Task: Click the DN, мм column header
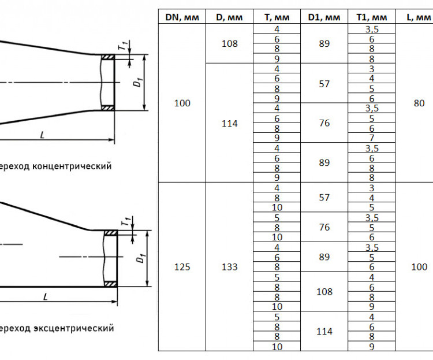pyautogui.click(x=182, y=17)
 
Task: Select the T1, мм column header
pyautogui.click(x=371, y=17)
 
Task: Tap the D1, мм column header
pyautogui.click(x=324, y=17)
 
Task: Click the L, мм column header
pyautogui.click(x=419, y=17)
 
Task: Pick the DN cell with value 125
pyautogui.click(x=182, y=267)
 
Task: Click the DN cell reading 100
pyautogui.click(x=182, y=103)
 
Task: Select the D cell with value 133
pyautogui.click(x=230, y=267)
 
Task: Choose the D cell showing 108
pyautogui.click(x=230, y=43)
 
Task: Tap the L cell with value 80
pyautogui.click(x=419, y=103)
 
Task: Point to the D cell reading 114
pyautogui.click(x=230, y=123)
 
